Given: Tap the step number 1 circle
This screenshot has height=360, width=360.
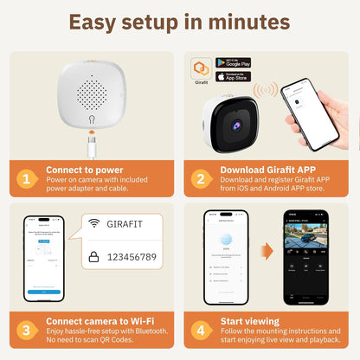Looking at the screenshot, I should coord(27,179).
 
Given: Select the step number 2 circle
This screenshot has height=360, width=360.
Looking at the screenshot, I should coord(201,179).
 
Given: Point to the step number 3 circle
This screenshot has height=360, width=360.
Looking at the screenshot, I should coord(27,330).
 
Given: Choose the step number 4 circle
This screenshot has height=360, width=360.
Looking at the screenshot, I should coord(201,330).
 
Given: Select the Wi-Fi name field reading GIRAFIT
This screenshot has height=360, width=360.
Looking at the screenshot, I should coord(132,224).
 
